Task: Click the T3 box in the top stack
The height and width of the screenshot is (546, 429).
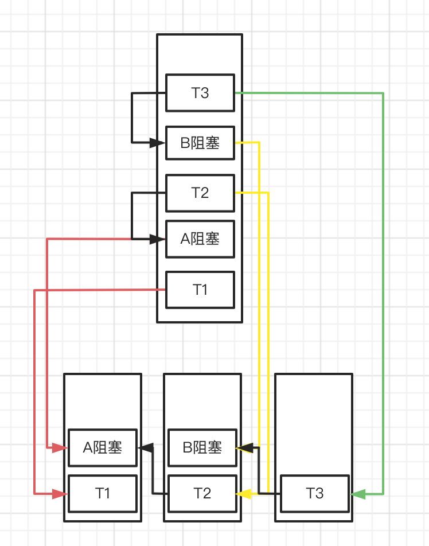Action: coord(200,92)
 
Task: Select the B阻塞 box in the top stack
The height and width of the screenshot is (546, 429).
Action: coord(200,142)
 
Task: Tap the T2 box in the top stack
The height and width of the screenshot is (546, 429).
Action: coord(200,193)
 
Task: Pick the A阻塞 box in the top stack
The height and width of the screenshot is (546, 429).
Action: coord(200,239)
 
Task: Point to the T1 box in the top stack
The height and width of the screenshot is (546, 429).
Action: coord(200,290)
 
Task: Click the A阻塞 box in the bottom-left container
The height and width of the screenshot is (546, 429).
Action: coord(103,447)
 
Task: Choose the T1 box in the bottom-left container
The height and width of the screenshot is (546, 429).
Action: coord(103,493)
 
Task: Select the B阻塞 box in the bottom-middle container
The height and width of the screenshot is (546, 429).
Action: coord(202,447)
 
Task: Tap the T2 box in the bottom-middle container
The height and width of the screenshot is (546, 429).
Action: coord(202,493)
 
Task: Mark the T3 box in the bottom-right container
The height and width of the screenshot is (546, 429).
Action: coord(315,493)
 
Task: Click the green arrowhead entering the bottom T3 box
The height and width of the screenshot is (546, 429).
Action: coord(358,494)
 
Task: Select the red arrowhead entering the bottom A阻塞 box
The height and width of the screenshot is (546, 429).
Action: coord(60,447)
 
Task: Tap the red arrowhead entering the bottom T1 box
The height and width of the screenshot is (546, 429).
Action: coord(60,493)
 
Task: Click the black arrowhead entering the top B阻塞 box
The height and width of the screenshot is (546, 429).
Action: coord(158,143)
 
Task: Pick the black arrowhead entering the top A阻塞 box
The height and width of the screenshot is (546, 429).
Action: coord(158,239)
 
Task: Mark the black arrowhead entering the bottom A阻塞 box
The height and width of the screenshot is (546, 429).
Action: coord(146,447)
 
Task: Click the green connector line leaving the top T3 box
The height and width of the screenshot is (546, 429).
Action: coord(383,287)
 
